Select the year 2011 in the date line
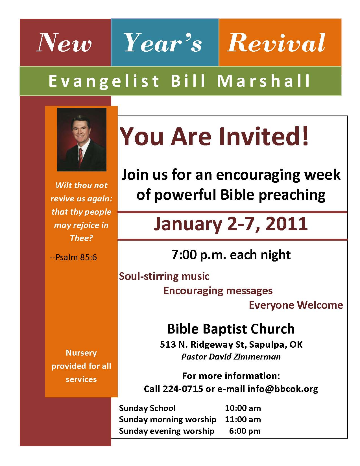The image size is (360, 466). [287, 224]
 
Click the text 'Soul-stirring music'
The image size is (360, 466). [164, 276]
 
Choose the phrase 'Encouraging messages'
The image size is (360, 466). [218, 291]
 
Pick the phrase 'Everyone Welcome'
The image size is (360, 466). [296, 305]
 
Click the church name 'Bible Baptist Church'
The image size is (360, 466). [231, 329]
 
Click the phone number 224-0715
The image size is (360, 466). [183, 389]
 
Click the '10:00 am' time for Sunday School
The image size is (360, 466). [243, 408]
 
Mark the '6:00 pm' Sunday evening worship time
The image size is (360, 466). [245, 431]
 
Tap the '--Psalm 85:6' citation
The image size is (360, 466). [73, 257]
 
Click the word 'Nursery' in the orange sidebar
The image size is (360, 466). [81, 353]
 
